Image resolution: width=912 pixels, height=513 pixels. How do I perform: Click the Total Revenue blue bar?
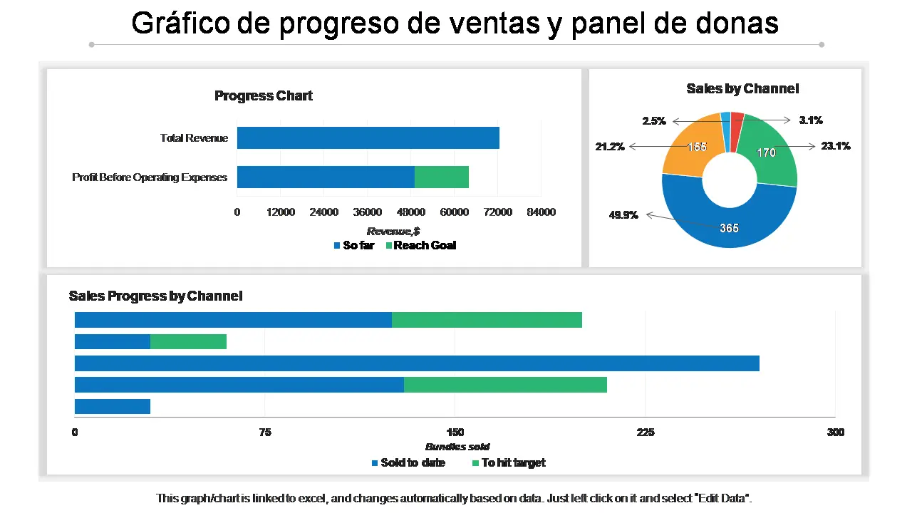(x=368, y=138)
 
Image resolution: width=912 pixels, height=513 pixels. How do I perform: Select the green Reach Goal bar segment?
(x=442, y=177)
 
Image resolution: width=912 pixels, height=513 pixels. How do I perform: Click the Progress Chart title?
(x=264, y=95)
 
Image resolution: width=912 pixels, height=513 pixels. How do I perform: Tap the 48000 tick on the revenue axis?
(x=411, y=212)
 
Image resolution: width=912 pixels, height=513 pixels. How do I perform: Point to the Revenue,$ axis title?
(x=393, y=231)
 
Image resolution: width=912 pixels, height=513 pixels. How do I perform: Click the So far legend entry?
(x=354, y=245)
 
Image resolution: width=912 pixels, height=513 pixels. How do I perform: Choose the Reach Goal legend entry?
(x=420, y=245)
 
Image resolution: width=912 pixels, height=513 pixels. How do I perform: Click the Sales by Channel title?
(x=742, y=88)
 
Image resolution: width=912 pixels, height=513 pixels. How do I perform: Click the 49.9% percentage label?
(x=623, y=215)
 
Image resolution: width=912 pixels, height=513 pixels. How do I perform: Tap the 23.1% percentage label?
(x=835, y=146)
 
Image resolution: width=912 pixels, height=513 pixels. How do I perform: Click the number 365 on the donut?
(x=729, y=228)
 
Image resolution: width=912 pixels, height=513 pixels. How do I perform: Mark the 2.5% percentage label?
(x=654, y=121)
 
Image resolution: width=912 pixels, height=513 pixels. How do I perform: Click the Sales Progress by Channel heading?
(x=155, y=296)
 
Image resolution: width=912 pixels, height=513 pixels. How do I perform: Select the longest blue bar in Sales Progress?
(x=417, y=363)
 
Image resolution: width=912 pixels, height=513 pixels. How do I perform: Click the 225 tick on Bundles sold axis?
(x=645, y=432)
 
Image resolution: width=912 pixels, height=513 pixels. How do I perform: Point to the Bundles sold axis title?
(x=457, y=447)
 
